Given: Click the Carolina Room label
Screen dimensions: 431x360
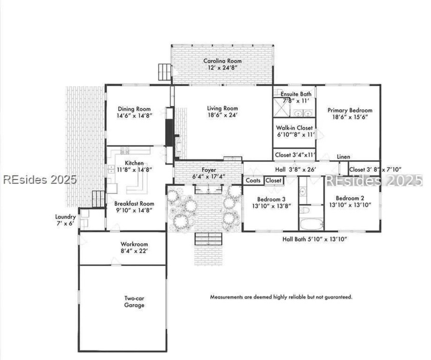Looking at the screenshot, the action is click(x=222, y=61).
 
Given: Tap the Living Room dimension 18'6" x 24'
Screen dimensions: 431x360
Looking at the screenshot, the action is click(x=222, y=115).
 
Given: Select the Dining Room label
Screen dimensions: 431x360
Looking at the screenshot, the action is click(x=134, y=109).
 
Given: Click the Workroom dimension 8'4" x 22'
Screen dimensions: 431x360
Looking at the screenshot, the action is click(x=134, y=251).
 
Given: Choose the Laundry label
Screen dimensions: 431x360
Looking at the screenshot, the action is click(x=66, y=217).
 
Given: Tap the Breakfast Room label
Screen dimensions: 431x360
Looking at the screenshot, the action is click(x=134, y=204).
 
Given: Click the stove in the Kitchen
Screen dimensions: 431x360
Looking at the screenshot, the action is click(x=125, y=150).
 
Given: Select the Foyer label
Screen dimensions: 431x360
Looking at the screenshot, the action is click(x=209, y=170).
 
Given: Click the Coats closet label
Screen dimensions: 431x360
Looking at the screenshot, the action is click(x=253, y=181).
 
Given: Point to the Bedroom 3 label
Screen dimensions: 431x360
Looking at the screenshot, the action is click(x=271, y=199).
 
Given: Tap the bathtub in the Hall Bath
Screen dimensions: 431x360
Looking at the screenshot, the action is click(x=311, y=224).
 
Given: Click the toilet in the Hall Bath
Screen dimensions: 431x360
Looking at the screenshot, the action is click(x=305, y=210).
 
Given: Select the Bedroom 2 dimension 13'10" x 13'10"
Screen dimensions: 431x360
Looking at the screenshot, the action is click(x=350, y=205).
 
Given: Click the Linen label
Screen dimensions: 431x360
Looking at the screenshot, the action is click(x=344, y=156).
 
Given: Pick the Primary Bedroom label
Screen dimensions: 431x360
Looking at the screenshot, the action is click(x=350, y=110).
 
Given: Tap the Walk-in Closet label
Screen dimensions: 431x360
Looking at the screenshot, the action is click(x=295, y=128).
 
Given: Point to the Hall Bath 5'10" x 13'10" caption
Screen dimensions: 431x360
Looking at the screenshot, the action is click(x=315, y=239).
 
